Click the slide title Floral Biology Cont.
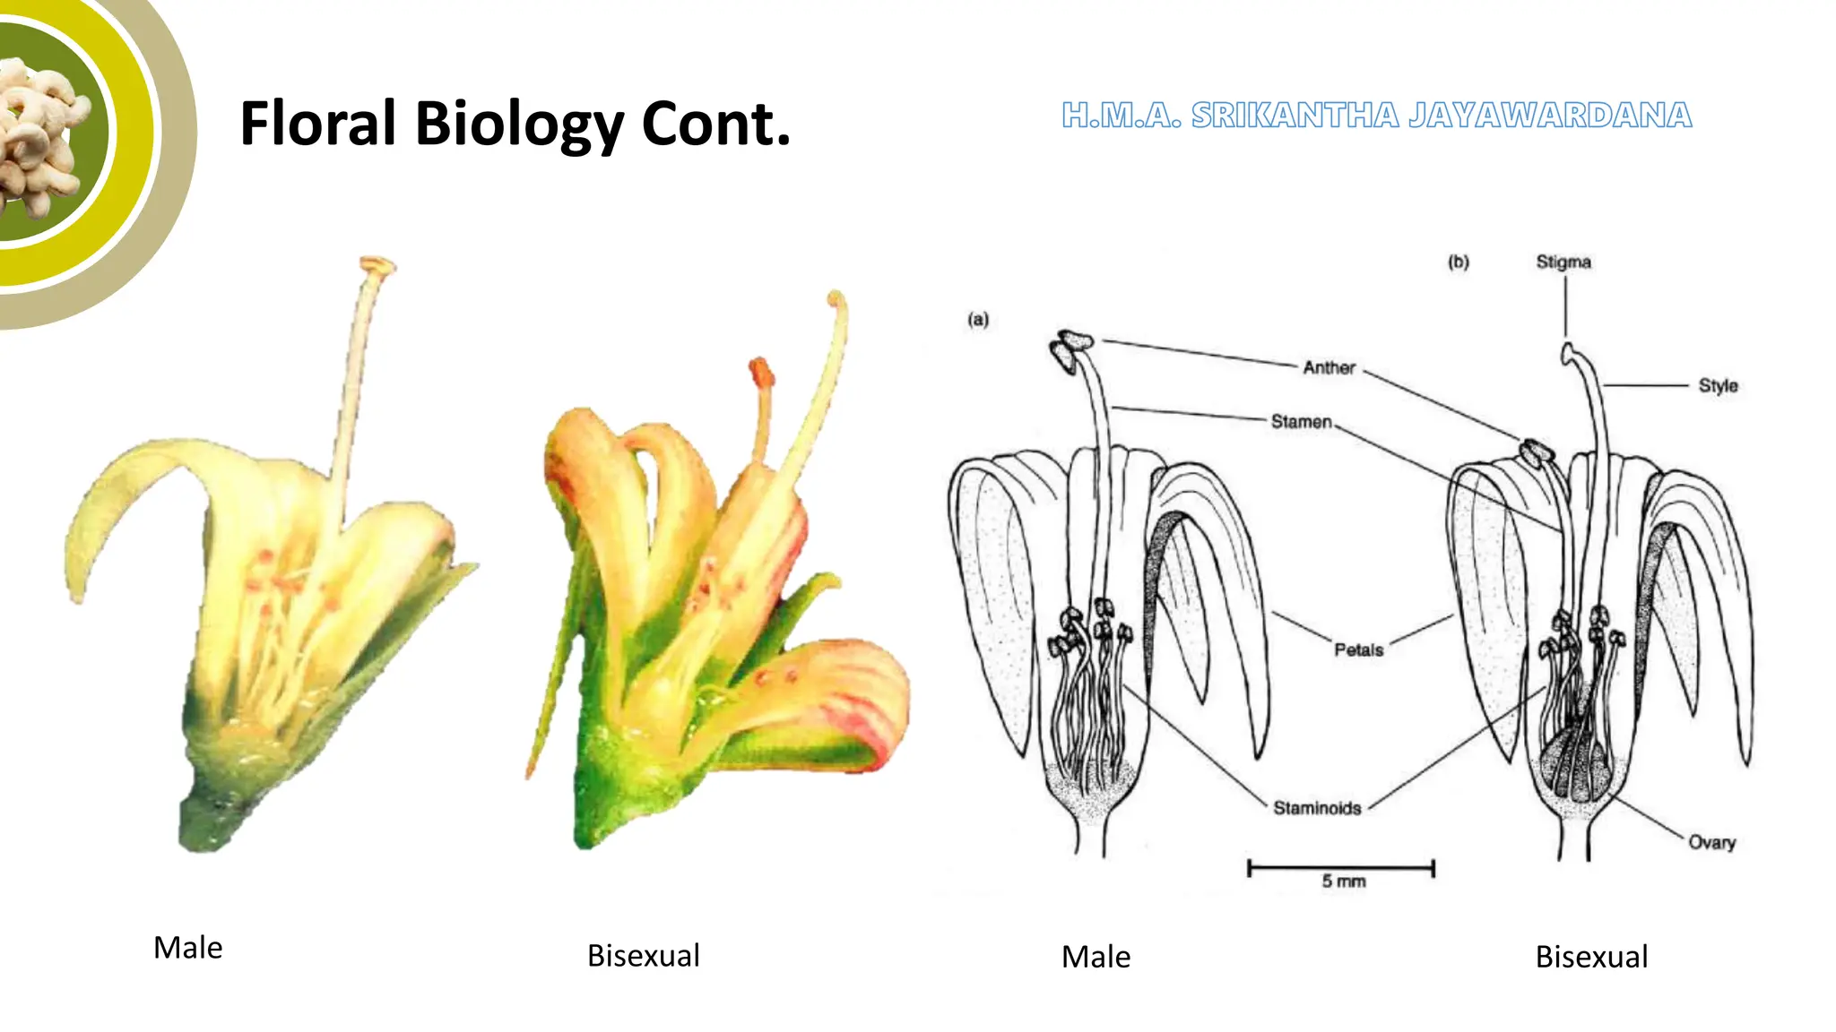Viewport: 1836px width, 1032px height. point(515,124)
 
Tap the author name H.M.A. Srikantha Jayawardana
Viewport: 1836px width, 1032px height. point(1376,116)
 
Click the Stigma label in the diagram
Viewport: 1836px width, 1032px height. point(1563,262)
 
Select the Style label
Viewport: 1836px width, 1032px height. point(1718,385)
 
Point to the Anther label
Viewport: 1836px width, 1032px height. point(1329,367)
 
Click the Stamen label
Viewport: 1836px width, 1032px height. point(1301,421)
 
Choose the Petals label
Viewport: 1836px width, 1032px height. point(1358,649)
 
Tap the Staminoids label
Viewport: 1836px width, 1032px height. point(1317,808)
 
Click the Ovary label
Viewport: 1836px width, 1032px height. point(1711,842)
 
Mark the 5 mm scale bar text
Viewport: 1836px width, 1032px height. point(1343,881)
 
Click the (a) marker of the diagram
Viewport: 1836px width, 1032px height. point(978,319)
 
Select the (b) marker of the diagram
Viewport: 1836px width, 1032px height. point(1459,262)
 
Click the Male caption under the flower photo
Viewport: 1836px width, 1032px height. point(187,948)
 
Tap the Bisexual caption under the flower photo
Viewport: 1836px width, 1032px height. point(643,956)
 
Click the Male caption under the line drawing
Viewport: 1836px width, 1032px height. point(1096,957)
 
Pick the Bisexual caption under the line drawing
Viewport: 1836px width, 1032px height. point(1591,957)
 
